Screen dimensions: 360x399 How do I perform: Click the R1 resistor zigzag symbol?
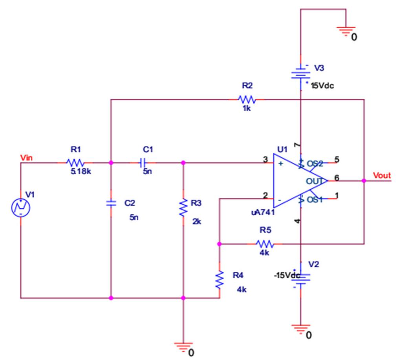tap(75, 162)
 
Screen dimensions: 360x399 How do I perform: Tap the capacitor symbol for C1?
tap(144, 162)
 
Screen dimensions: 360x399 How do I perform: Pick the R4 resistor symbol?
tap(220, 279)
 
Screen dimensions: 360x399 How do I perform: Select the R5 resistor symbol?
tap(264, 244)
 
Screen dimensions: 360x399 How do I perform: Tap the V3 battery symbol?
tap(301, 73)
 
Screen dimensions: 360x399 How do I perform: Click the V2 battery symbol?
tap(301, 277)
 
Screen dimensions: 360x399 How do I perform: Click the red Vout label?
tap(382, 176)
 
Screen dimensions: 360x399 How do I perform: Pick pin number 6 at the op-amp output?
tap(337, 178)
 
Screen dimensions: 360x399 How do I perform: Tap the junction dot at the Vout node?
tap(364, 181)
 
